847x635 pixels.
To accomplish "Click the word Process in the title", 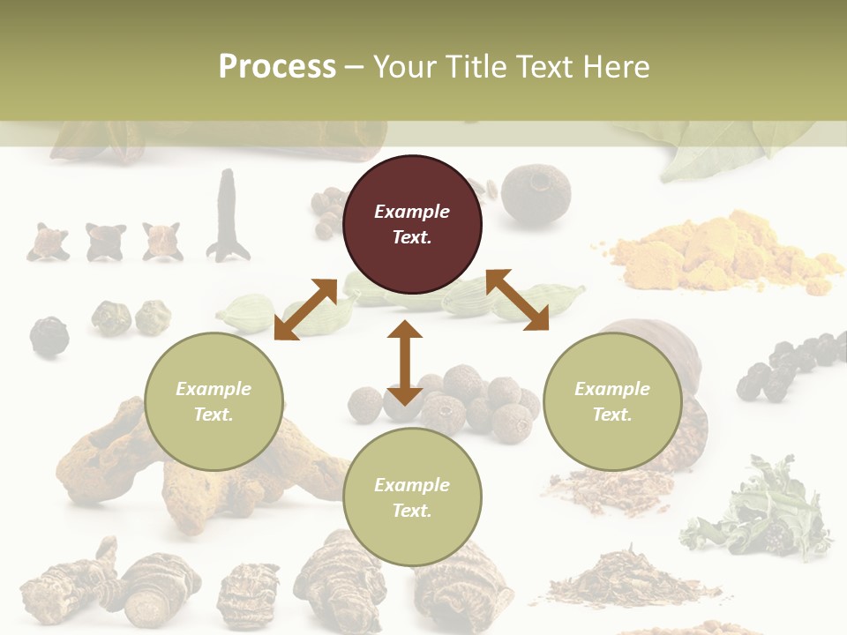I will pyautogui.click(x=277, y=67).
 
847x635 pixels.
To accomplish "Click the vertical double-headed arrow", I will pyautogui.click(x=405, y=362).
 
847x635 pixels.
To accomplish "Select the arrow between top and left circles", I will pyautogui.click(x=305, y=309).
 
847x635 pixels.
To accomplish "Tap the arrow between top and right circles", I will pyautogui.click(x=517, y=300).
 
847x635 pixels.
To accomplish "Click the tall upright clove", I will pyautogui.click(x=228, y=216).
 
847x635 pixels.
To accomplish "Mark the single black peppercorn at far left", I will pyautogui.click(x=49, y=335).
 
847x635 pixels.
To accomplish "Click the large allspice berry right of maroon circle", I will pyautogui.click(x=536, y=194).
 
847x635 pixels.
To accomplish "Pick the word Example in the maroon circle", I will pyautogui.click(x=412, y=212).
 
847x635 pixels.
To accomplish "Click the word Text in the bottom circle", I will pyautogui.click(x=410, y=511).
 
